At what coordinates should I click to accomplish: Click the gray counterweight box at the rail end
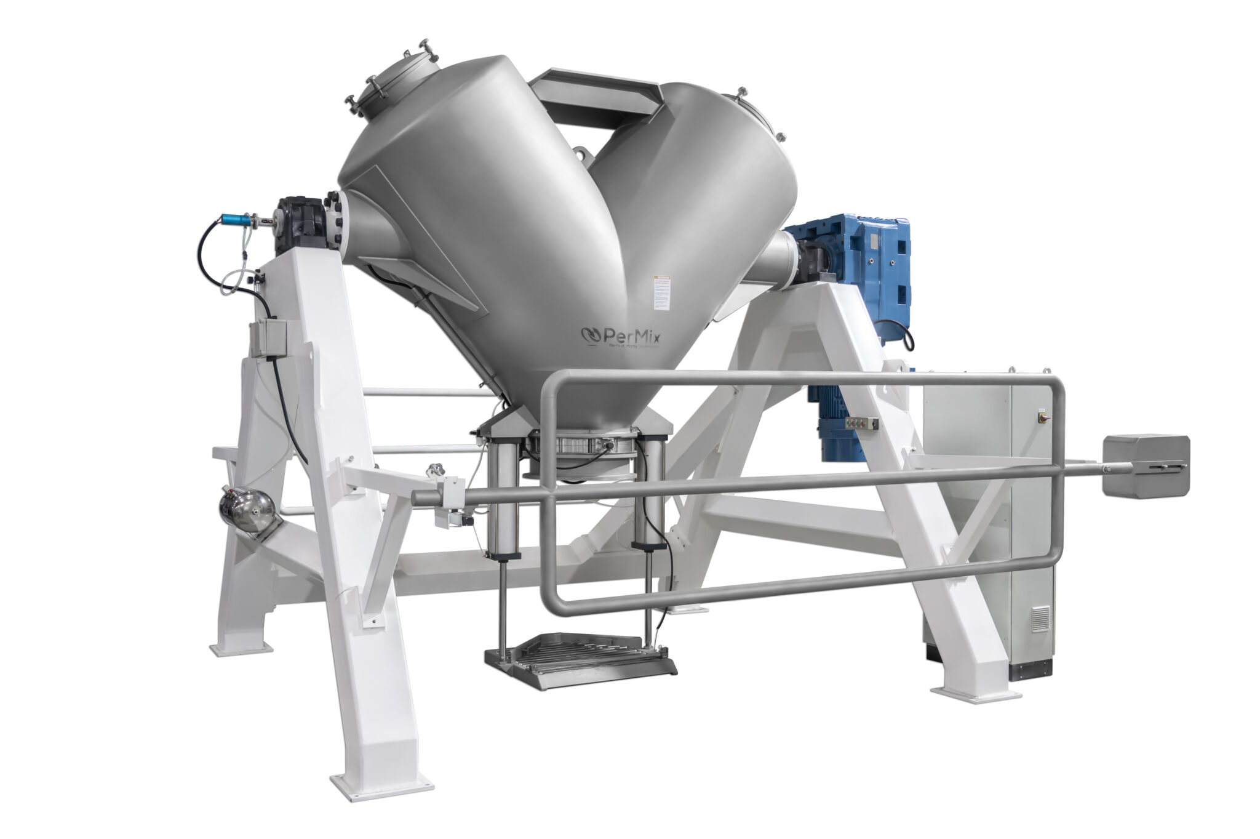1146,465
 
